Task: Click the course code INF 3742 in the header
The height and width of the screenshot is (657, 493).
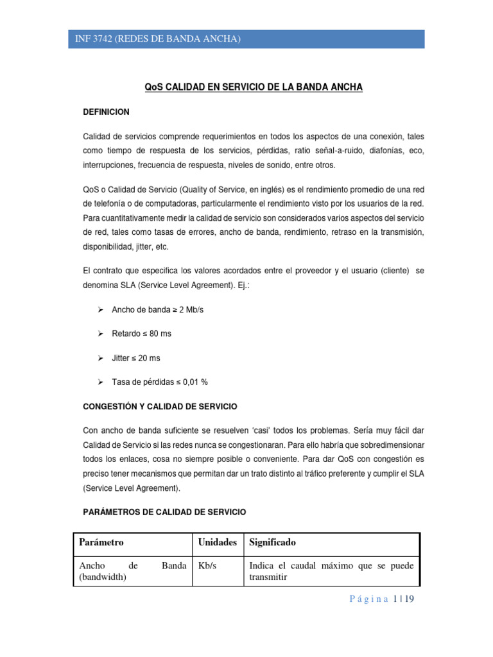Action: [x=92, y=40]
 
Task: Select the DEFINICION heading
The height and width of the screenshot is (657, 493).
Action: [x=107, y=112]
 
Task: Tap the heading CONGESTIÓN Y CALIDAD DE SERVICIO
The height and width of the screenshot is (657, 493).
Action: [x=160, y=407]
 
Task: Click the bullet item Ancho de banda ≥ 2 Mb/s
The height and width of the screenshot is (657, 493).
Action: [x=158, y=310]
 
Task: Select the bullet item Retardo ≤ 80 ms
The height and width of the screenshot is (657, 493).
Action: [x=141, y=334]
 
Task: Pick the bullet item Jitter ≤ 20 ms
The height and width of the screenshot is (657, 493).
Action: [x=137, y=358]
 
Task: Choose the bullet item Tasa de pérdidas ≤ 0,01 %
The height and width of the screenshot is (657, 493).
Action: [x=160, y=382]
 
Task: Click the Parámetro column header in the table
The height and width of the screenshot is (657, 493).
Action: [x=101, y=543]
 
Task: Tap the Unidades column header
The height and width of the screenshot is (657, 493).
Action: [x=218, y=543]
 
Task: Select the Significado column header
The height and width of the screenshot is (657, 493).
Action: [x=272, y=543]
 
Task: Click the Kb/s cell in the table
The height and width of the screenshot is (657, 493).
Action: [x=207, y=566]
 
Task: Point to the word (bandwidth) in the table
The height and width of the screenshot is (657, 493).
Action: [x=103, y=577]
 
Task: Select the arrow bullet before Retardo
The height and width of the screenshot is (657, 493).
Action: [x=100, y=334]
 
